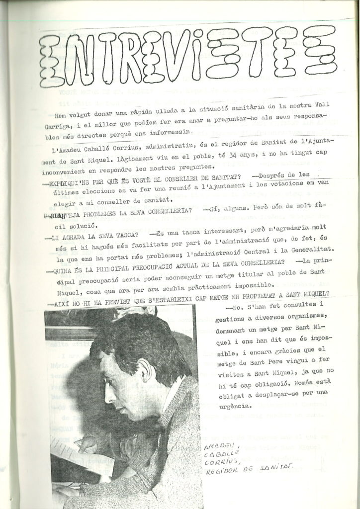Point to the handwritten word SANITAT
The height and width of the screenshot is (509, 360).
[275, 466]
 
